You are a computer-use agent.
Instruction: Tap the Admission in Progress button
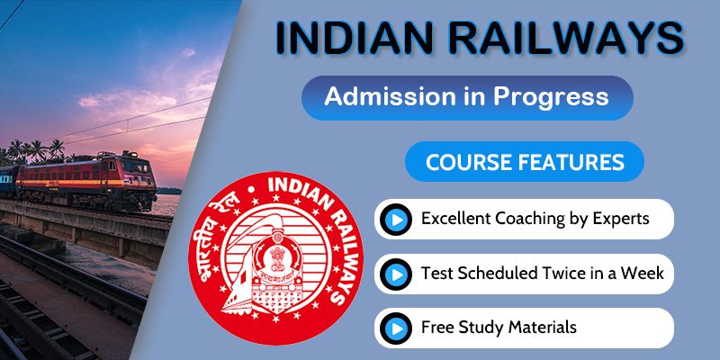pos(466,96)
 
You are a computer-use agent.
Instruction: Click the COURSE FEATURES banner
pos(525,163)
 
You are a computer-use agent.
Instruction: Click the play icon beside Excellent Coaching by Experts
pos(394,219)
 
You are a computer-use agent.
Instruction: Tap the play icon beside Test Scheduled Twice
pos(394,273)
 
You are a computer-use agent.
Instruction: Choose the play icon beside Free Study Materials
pos(394,327)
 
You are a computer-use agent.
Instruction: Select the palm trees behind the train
pos(36,150)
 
